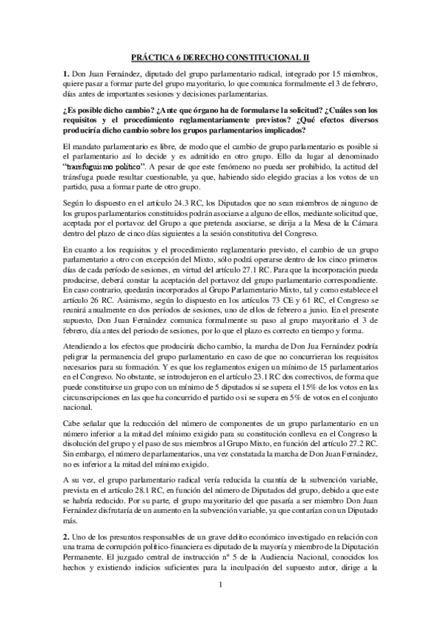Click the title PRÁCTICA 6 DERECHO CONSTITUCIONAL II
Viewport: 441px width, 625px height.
point(220,55)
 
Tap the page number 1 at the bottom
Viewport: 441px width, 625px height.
point(220,606)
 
